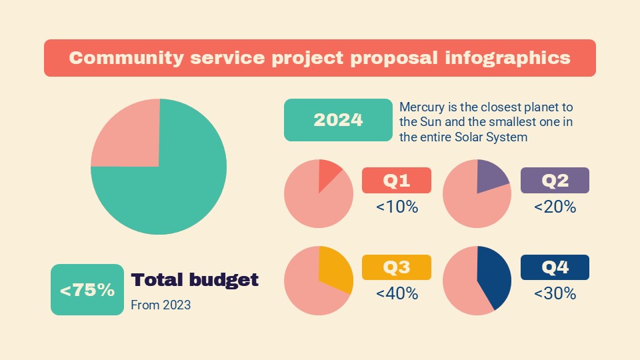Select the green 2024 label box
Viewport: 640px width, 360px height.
[338, 120]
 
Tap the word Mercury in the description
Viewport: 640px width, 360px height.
[420, 107]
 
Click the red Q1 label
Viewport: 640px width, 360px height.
[396, 180]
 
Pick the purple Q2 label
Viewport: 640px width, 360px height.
[554, 180]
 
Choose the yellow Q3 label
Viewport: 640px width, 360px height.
[396, 267]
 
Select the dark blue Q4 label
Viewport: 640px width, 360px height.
[554, 267]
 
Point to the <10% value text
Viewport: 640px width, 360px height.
[397, 207]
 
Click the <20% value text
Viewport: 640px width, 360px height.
[555, 207]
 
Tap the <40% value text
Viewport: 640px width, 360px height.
[397, 293]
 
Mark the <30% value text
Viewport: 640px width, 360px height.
[555, 293]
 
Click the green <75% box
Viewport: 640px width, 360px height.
[87, 290]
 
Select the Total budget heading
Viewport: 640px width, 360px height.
[195, 280]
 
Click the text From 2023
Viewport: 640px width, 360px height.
[161, 305]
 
